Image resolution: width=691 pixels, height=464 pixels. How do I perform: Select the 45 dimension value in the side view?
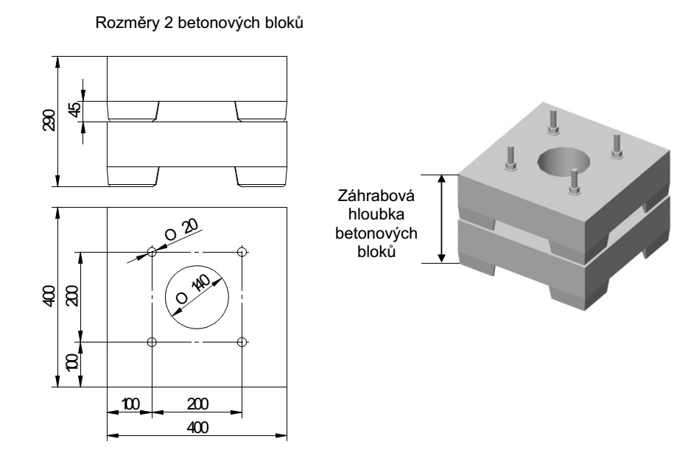(74, 110)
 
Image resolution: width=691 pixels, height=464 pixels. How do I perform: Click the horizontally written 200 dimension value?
(197, 404)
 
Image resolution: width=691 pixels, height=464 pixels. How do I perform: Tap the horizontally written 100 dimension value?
(130, 404)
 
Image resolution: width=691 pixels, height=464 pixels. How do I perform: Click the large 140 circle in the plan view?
(197, 297)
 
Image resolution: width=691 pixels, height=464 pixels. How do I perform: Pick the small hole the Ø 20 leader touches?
(152, 252)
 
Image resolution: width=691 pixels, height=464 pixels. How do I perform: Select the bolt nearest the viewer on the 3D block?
(572, 181)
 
